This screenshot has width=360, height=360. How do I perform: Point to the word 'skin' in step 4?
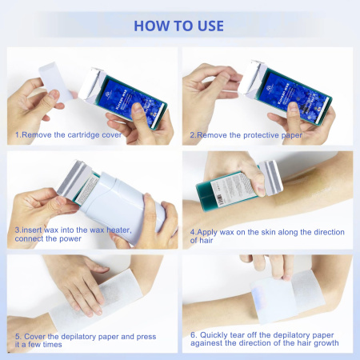click(x=260, y=230)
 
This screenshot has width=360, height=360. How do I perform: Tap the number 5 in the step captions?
click(x=18, y=334)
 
